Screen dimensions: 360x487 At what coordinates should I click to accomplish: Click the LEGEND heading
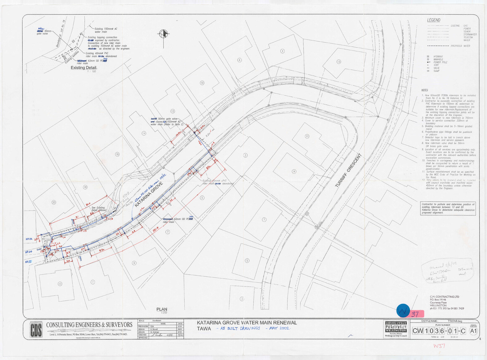[x=434, y=20]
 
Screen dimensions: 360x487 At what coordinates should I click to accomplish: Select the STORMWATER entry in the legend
[x=470, y=35]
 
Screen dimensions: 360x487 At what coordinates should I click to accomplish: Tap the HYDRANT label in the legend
[x=438, y=57]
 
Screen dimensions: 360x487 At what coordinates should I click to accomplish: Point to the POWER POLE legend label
[x=440, y=62]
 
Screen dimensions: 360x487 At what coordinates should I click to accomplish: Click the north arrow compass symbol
[x=164, y=34]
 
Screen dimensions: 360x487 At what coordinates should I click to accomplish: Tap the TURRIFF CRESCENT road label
[x=348, y=170]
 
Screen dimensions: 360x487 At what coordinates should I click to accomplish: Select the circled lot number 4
[x=282, y=51]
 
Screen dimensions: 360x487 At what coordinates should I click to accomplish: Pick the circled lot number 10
[x=202, y=83]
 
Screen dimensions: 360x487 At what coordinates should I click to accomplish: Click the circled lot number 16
[x=117, y=154]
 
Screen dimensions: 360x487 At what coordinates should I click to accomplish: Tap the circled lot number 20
[x=53, y=203]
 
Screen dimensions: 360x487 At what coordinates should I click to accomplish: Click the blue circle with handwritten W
[x=403, y=311]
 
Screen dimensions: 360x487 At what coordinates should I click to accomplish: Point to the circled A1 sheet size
[x=473, y=331]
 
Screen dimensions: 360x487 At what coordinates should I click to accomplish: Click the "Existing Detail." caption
[x=84, y=68]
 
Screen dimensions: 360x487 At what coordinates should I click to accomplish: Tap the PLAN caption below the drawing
[x=162, y=309]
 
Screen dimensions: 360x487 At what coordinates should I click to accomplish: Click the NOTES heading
[x=425, y=90]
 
